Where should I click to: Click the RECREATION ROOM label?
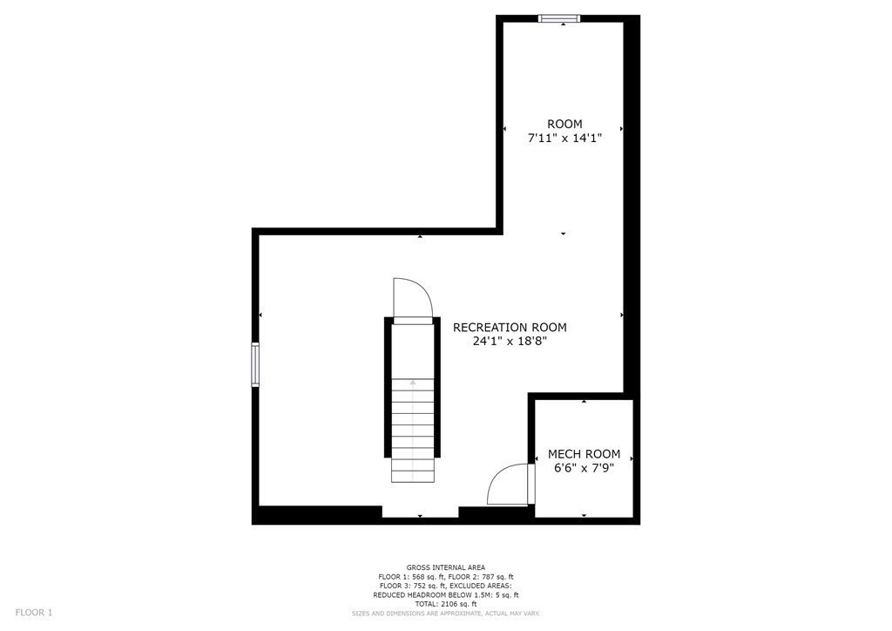[x=510, y=328]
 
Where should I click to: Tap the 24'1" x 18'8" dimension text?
[x=510, y=342]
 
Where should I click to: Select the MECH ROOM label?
[x=584, y=454]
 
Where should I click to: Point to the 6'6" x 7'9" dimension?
[x=584, y=468]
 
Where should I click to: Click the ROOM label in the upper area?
[x=564, y=124]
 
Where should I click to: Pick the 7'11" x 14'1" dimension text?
[x=564, y=138]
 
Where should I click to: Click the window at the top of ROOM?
[x=559, y=17]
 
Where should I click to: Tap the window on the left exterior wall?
[x=255, y=364]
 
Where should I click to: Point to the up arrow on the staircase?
[x=413, y=383]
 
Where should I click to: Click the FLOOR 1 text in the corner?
[x=34, y=613]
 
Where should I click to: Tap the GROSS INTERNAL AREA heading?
[x=446, y=567]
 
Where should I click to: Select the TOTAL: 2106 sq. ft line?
[x=446, y=604]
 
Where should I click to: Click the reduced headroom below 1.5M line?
[x=446, y=595]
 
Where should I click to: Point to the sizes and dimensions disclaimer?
[x=446, y=614]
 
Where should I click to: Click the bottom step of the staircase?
[x=413, y=476]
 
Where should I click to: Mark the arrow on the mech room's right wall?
[x=632, y=458]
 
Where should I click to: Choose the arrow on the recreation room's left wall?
[x=260, y=315]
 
